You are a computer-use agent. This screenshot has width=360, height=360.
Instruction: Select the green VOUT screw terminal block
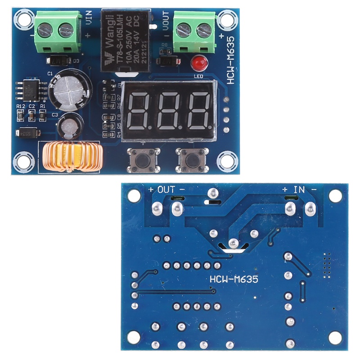click(x=194, y=31)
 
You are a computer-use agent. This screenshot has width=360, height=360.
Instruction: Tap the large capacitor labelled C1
click(x=69, y=87)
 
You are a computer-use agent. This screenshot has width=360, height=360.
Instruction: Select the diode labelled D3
click(x=58, y=60)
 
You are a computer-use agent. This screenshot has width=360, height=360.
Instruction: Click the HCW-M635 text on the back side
click(x=234, y=279)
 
